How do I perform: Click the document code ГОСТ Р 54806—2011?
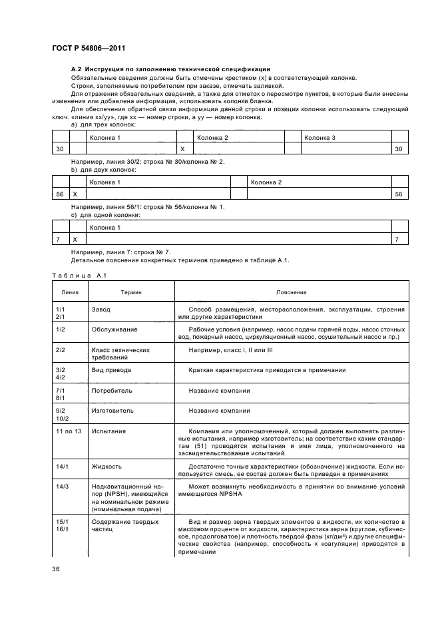pyautogui.click(x=89, y=48)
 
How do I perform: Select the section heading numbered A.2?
pyautogui.click(x=170, y=69)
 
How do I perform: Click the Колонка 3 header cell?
pyautogui.click(x=320, y=137)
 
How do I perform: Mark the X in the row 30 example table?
pyautogui.click(x=182, y=149)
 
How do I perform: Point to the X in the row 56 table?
pyautogui.click(x=75, y=194)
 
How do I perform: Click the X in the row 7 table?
pyautogui.click(x=75, y=239)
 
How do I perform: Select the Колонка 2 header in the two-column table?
pyautogui.click(x=266, y=182)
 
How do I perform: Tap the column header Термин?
pyautogui.click(x=130, y=292)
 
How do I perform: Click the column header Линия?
pyautogui.click(x=70, y=292)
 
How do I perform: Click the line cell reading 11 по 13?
pyautogui.click(x=69, y=431)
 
